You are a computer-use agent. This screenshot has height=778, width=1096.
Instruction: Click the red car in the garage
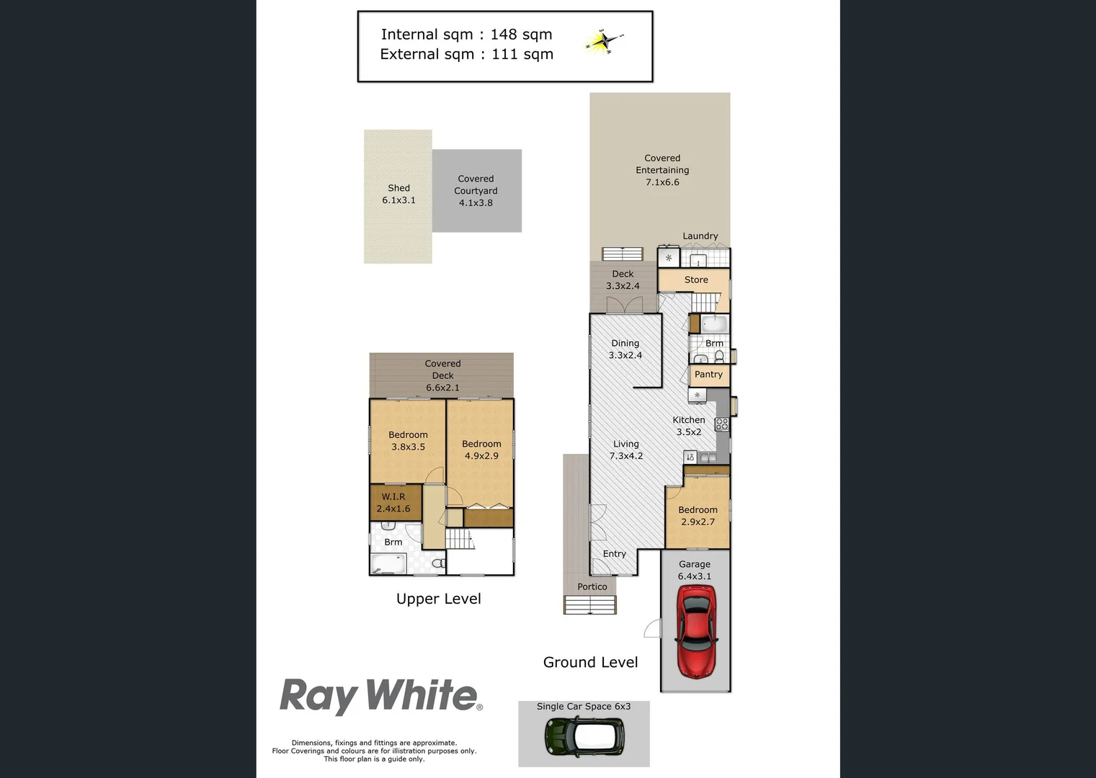[x=695, y=631]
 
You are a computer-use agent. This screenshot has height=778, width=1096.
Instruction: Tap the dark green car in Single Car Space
[x=584, y=736]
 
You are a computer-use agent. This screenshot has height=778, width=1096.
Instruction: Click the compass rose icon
[x=604, y=41]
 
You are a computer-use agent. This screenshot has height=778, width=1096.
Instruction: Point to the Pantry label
[x=708, y=375]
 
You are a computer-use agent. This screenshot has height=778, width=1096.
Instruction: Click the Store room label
[x=696, y=280]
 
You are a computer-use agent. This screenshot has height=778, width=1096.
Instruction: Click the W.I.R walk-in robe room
[x=394, y=502]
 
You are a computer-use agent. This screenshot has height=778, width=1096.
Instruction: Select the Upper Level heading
[x=438, y=599]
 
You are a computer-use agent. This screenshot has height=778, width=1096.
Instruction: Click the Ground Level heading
[x=590, y=662]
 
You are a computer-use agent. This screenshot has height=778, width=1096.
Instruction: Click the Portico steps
[x=590, y=605]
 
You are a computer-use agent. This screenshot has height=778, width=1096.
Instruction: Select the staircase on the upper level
[x=460, y=539]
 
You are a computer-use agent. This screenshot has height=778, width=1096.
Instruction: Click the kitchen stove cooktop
[x=721, y=424]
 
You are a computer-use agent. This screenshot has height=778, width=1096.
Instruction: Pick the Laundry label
[x=700, y=236]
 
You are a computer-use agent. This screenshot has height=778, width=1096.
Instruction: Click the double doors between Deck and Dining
[x=624, y=305]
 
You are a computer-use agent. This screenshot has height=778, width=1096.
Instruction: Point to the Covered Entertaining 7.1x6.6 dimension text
[x=661, y=182]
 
